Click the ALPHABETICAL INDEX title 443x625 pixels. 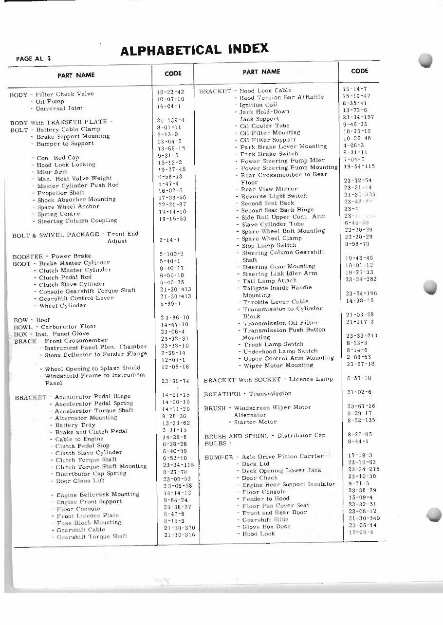point(194,49)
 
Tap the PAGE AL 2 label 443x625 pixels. point(34,58)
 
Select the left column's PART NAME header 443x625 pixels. point(76,75)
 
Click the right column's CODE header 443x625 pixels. point(360,71)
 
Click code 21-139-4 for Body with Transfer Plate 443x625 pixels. point(170,120)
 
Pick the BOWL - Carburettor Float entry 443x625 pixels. point(55,327)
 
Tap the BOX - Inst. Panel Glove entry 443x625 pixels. point(51,334)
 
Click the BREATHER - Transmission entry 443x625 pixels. point(248,393)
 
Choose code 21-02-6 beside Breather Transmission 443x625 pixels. point(359,392)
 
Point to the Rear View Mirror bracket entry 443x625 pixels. point(269,189)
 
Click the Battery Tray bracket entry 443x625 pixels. point(75,425)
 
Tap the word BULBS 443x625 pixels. point(215,443)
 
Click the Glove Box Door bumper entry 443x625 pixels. point(266,527)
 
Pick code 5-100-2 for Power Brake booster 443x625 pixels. point(171,254)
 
